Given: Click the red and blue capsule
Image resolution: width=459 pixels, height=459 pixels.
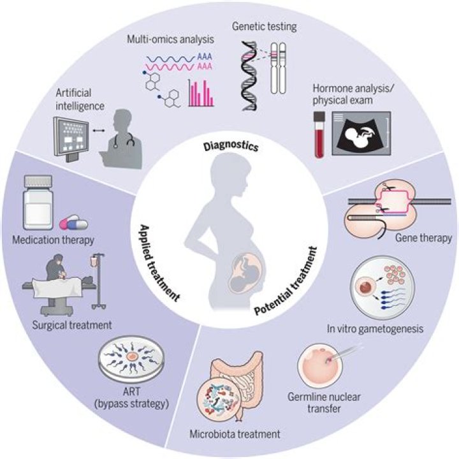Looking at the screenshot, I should pyautogui.click(x=71, y=224).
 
